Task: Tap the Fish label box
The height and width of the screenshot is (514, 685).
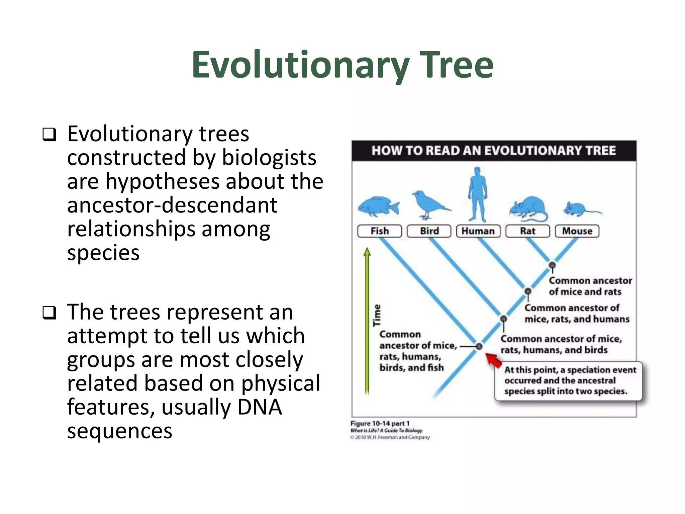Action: pos(379,231)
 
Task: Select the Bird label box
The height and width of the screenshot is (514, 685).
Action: pos(429,231)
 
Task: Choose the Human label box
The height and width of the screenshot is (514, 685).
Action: pos(478,231)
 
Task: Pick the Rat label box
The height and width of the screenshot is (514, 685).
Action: pos(527,231)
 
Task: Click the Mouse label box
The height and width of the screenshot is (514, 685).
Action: pos(577,231)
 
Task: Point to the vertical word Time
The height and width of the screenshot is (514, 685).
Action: pos(377,315)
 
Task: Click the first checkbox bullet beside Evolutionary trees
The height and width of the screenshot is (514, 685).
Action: pos(49,135)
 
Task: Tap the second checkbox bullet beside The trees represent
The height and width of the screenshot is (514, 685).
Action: pos(49,313)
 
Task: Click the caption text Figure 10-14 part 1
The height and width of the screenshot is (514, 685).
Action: pos(380,423)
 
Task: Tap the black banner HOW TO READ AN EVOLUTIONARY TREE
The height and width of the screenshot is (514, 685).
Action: pos(494,151)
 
